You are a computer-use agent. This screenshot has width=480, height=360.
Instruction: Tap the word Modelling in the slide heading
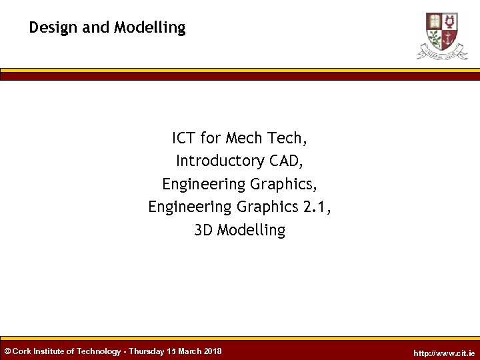tap(150, 28)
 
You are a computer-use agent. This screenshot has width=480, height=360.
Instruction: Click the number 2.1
tap(317, 207)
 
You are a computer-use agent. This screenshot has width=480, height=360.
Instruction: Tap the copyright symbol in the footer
tap(7, 351)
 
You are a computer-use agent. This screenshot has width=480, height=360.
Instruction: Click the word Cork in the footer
tap(22, 351)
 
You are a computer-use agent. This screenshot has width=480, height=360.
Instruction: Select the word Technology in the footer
tap(99, 351)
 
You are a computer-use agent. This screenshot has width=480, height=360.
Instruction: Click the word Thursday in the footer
tap(147, 351)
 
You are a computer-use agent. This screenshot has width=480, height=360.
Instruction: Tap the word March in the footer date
tap(190, 351)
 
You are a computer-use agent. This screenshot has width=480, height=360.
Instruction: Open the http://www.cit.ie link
tap(444, 353)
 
